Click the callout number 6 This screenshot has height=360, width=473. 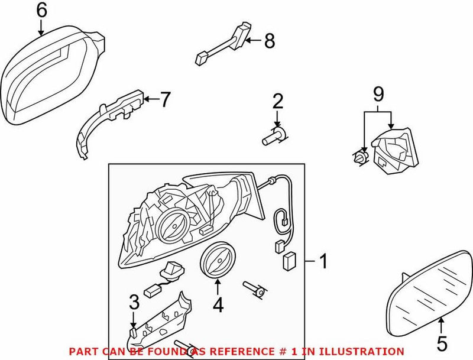tap(41, 10)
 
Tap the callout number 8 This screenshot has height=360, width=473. tap(269, 41)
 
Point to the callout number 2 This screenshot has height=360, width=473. tap(277, 101)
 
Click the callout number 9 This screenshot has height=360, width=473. tap(378, 93)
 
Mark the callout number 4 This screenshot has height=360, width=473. tap(218, 306)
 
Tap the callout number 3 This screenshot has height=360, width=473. tap(134, 301)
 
